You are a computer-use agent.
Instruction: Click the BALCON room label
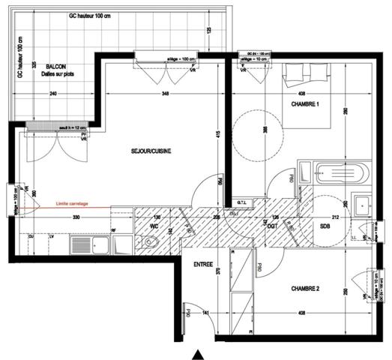52,67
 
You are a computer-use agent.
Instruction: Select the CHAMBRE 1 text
305,105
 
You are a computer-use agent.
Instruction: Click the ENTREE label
204,265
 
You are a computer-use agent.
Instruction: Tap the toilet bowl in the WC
151,241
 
